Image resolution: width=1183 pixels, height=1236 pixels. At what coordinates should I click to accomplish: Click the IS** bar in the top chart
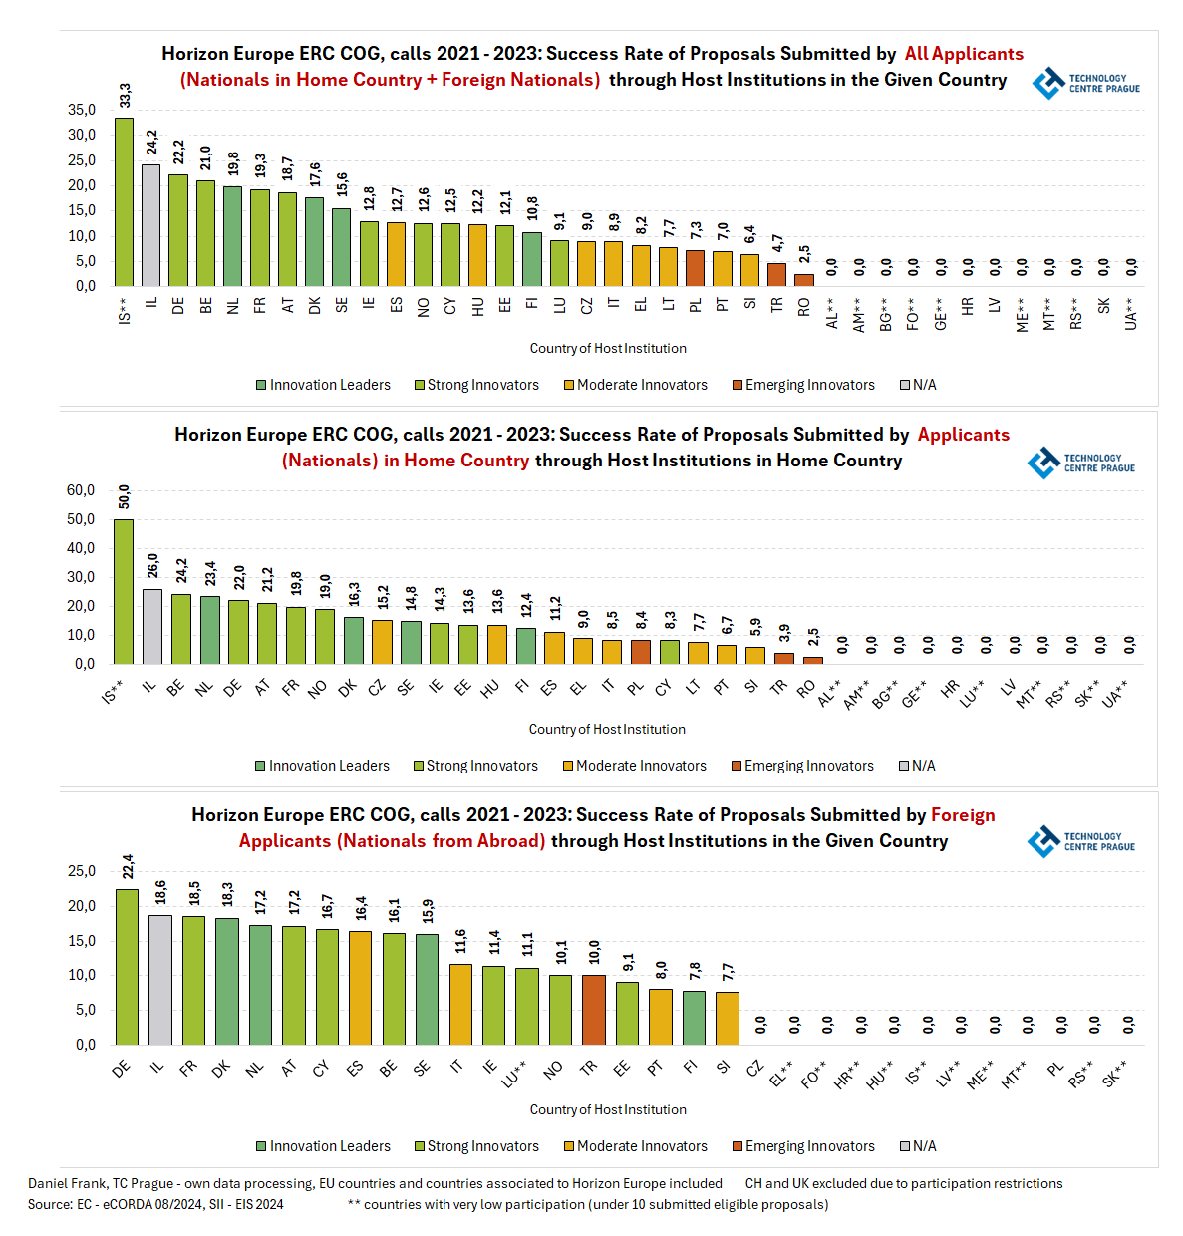pyautogui.click(x=124, y=202)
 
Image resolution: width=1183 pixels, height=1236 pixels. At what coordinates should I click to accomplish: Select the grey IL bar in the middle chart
pyautogui.click(x=151, y=626)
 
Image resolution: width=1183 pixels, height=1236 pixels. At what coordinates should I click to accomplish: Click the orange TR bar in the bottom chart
pyautogui.click(x=594, y=1010)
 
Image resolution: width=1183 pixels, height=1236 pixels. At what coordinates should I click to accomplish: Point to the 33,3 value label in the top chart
pyautogui.click(x=125, y=96)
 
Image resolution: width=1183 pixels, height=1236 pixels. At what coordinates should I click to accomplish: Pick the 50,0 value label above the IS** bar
pyautogui.click(x=124, y=496)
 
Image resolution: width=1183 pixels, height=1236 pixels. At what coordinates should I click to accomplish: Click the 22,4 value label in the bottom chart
pyautogui.click(x=128, y=865)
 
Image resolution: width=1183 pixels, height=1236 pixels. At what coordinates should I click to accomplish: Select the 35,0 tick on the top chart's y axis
pyautogui.click(x=82, y=110)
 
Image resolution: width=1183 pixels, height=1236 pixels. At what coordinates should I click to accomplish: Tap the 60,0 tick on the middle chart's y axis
pyautogui.click(x=81, y=490)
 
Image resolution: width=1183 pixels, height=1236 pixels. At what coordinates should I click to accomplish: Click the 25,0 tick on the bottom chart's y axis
pyautogui.click(x=82, y=871)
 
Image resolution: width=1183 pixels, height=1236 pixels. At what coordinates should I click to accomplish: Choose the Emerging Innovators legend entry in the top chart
pyautogui.click(x=803, y=385)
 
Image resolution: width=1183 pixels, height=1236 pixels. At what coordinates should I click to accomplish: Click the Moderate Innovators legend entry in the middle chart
pyautogui.click(x=635, y=766)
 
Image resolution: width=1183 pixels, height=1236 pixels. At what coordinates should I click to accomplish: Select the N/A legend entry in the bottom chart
pyautogui.click(x=918, y=1146)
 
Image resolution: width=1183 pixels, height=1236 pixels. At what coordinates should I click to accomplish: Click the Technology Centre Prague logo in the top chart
pyautogui.click(x=1085, y=83)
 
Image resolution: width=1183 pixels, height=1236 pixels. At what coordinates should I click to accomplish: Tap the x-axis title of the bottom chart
pyautogui.click(x=608, y=1109)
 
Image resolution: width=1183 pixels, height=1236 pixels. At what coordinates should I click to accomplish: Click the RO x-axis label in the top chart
pyautogui.click(x=804, y=307)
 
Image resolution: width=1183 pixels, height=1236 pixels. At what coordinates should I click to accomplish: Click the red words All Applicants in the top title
pyautogui.click(x=964, y=54)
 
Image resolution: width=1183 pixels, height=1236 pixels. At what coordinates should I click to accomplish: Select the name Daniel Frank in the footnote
pyautogui.click(x=67, y=1183)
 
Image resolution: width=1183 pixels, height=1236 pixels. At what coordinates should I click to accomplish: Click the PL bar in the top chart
pyautogui.click(x=695, y=268)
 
